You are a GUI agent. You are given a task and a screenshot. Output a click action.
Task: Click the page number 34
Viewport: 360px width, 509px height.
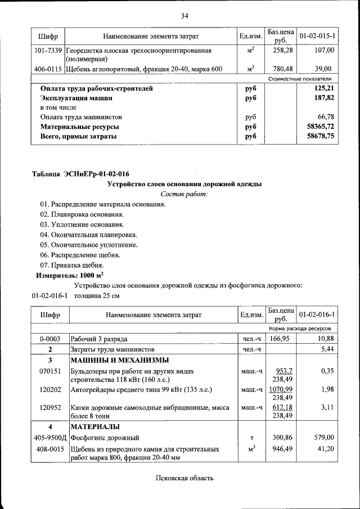[x=184, y=15]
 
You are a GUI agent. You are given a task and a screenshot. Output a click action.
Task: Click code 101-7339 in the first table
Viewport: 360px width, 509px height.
[x=47, y=51]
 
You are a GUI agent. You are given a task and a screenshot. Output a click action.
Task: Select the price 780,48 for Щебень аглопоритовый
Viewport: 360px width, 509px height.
[x=279, y=69]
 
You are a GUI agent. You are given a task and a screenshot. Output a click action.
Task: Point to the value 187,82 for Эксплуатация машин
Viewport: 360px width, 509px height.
[x=324, y=98]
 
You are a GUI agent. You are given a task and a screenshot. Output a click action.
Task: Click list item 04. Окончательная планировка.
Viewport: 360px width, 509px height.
[x=88, y=235]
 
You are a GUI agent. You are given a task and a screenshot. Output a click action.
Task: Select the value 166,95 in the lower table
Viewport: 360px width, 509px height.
[x=279, y=339]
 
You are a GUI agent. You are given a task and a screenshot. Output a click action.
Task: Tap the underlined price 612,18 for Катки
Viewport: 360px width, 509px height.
[x=280, y=407]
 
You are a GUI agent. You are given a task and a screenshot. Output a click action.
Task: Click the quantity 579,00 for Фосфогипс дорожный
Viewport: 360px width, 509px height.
[x=324, y=437]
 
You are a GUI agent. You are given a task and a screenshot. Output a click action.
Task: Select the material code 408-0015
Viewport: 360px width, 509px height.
[x=49, y=449]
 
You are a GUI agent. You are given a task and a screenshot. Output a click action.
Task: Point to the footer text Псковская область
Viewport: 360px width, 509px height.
[x=184, y=478]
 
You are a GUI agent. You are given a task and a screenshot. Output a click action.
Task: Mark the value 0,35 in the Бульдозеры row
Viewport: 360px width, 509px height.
[x=327, y=372]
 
